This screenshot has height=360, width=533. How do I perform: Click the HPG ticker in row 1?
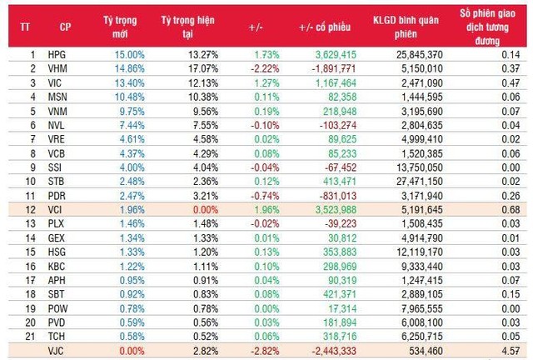pos(56,54)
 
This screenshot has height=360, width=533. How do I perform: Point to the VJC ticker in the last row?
pos(56,351)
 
